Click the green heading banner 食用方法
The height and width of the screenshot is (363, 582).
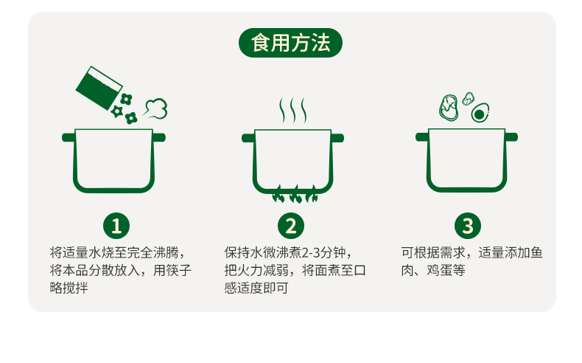click(290, 43)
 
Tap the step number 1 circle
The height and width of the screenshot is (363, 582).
click(116, 225)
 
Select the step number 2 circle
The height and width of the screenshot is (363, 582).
click(291, 225)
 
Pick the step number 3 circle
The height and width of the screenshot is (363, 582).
click(466, 225)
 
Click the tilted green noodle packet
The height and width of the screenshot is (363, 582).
click(99, 85)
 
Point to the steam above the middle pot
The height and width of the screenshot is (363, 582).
click(292, 111)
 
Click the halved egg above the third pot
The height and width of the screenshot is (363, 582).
click(480, 113)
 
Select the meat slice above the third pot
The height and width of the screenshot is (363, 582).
click(449, 108)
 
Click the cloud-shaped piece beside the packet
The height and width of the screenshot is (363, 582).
click(155, 108)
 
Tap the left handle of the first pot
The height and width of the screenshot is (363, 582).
click(68, 137)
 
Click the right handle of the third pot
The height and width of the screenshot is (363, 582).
click(511, 137)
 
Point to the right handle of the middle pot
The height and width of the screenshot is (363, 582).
click(337, 137)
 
